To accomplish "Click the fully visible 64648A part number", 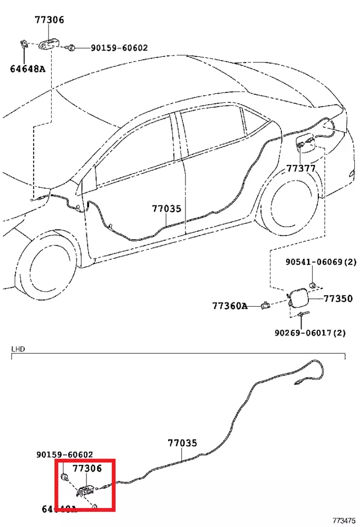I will click(27, 69).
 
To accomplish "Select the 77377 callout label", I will click(301, 169).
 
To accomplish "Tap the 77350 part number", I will click(338, 299).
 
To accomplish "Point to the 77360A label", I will click(230, 306).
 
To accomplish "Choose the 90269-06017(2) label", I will click(310, 333).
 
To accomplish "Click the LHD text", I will click(18, 349).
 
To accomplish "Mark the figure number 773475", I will click(345, 519).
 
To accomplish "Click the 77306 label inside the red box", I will click(87, 467).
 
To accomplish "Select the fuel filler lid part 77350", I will click(298, 298).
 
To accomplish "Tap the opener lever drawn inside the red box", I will click(84, 491).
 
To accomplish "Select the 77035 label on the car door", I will click(167, 209).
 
